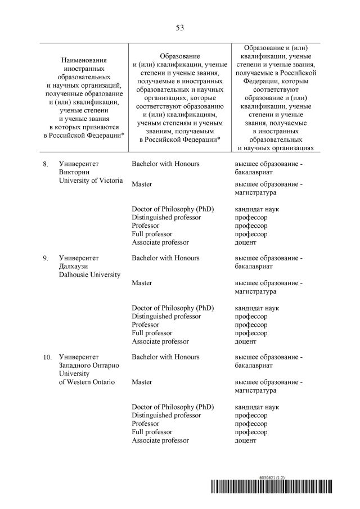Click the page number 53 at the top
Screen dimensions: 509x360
click(180, 27)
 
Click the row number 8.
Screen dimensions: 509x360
click(46, 164)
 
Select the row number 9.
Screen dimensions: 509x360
click(46, 258)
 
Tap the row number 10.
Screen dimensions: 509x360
click(47, 357)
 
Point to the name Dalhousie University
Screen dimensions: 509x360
click(89, 274)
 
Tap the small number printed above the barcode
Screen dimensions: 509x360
click(272, 477)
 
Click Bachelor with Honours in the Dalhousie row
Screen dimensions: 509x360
click(165, 258)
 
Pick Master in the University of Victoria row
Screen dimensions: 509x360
click(142, 184)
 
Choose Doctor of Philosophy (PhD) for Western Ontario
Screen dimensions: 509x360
click(173, 407)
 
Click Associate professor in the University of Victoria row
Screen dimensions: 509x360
click(160, 242)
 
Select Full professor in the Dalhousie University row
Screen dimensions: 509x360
click(152, 333)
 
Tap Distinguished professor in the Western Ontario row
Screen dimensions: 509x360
click(166, 415)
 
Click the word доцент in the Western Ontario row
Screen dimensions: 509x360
click(245, 440)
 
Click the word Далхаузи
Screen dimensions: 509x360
click(74, 266)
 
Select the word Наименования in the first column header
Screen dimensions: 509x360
click(84, 60)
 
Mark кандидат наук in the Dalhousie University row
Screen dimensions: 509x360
click(256, 308)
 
